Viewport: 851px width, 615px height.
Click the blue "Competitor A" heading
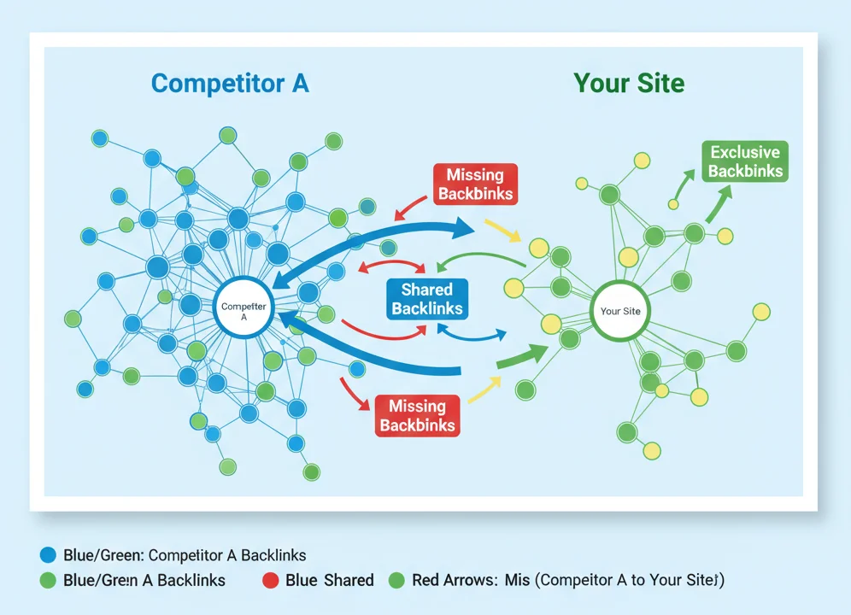229,84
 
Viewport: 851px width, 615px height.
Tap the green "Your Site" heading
629,84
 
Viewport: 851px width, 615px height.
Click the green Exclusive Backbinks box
745,161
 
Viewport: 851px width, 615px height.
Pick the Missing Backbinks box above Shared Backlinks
475,184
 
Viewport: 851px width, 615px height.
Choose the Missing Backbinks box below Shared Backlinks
417,415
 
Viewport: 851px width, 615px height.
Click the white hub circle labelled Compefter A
243,311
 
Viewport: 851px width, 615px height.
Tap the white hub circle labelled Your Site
620,311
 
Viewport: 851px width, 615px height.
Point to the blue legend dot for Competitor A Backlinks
48,555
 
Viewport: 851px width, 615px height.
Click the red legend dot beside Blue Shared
270,581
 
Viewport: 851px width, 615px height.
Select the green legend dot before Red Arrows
396,581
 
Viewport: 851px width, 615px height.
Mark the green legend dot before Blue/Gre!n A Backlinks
48,581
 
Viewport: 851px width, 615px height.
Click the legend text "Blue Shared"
330,581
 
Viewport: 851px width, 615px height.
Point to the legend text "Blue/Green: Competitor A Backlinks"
185,555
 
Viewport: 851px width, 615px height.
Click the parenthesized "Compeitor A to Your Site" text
630,581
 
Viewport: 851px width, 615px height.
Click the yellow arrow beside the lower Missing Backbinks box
484,389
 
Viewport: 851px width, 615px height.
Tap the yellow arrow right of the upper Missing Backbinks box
501,229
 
